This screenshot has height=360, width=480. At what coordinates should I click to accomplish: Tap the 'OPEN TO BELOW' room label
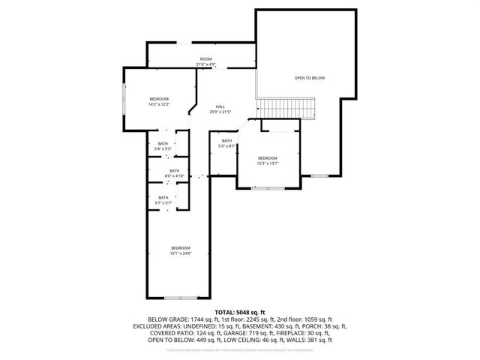click(x=309, y=77)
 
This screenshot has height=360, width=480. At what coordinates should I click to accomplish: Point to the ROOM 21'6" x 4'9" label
click(x=205, y=61)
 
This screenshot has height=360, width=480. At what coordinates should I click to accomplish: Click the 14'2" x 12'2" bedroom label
click(x=159, y=102)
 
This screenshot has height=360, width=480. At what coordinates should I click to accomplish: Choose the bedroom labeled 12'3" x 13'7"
click(x=268, y=160)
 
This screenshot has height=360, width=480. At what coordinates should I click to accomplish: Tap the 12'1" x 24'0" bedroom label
click(x=180, y=250)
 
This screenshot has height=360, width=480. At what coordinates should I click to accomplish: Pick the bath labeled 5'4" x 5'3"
click(x=163, y=146)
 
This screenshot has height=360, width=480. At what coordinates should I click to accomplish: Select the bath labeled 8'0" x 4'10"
click(x=174, y=173)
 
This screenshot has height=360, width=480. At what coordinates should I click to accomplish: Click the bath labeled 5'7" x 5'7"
click(x=163, y=200)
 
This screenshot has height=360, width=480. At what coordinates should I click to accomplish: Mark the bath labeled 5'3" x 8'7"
click(x=226, y=143)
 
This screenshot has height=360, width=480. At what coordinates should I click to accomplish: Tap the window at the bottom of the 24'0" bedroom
click(x=179, y=298)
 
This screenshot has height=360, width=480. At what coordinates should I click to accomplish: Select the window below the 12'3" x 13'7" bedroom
click(x=262, y=188)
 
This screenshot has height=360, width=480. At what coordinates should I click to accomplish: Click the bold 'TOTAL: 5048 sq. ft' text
click(x=240, y=311)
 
